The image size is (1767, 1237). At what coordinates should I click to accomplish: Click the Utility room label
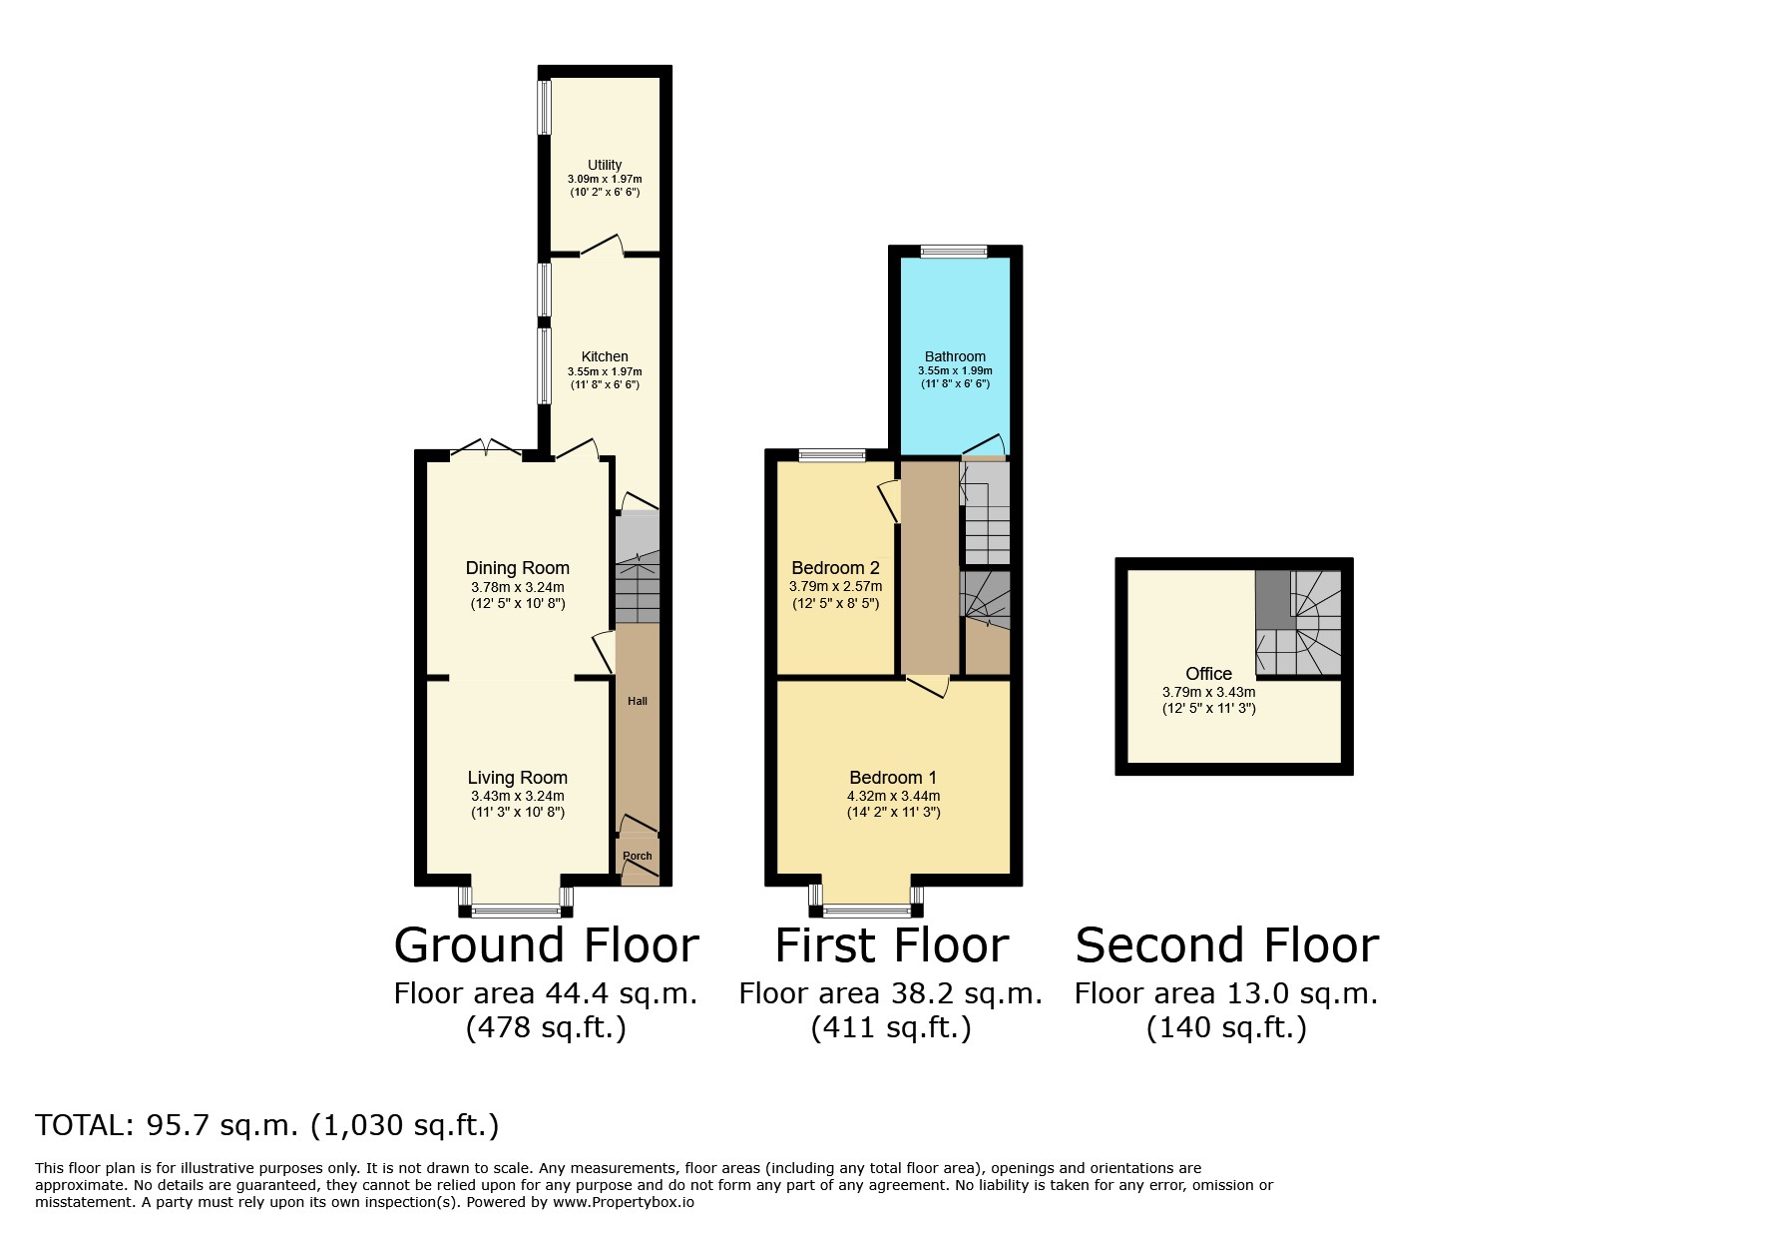[x=605, y=165]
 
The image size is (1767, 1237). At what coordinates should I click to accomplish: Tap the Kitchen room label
[x=605, y=356]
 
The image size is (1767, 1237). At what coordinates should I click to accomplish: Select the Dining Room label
[x=518, y=568]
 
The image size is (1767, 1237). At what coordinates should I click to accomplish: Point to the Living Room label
[x=518, y=778]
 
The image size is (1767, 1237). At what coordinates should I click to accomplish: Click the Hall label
[x=638, y=701]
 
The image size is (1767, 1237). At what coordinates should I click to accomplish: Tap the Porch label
[x=638, y=856]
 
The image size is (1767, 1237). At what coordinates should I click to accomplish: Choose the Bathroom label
[x=955, y=356]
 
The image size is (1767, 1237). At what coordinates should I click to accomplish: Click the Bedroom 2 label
[x=835, y=568]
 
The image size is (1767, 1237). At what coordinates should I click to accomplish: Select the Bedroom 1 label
[x=893, y=778]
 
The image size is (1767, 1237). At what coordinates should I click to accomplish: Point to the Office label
[x=1208, y=674]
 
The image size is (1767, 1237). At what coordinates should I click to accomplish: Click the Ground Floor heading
[x=547, y=945]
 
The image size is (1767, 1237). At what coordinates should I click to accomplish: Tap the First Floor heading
[x=892, y=945]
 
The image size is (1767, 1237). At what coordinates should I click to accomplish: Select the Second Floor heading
[x=1227, y=945]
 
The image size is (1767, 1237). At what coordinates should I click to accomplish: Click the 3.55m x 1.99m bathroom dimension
[x=955, y=370]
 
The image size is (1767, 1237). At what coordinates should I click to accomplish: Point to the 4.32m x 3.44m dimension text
[x=893, y=796]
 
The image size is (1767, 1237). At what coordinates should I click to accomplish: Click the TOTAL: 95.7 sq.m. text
[x=167, y=1125]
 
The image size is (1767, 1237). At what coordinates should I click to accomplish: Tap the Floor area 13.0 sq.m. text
[x=1226, y=993]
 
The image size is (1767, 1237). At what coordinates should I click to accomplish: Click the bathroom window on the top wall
[x=954, y=252]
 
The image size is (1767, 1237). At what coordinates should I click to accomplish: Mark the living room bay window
[x=516, y=901]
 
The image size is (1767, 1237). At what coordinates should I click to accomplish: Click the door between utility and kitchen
[x=603, y=247]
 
